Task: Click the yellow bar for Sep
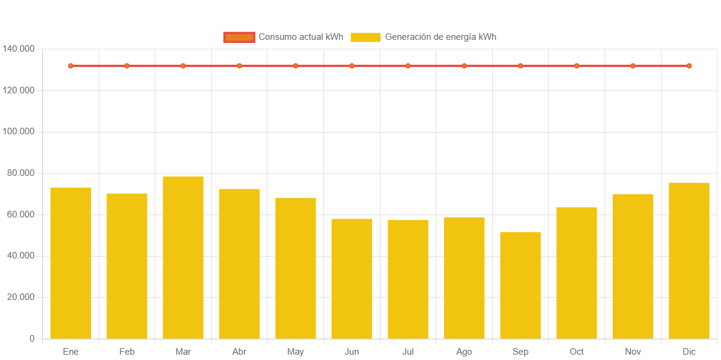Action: [520, 285]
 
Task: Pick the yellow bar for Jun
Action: [351, 279]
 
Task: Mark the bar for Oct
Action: [577, 273]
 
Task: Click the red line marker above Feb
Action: [127, 66]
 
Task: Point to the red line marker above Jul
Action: [408, 66]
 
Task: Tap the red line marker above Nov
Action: [632, 66]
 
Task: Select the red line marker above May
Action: [295, 66]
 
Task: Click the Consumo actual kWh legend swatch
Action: [239, 37]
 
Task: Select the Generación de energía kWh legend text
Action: [440, 37]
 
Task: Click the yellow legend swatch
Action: [366, 37]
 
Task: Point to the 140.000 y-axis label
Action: [18, 48]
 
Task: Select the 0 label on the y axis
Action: [32, 339]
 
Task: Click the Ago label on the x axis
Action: [464, 352]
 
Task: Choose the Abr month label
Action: [239, 352]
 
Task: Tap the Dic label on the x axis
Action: [689, 352]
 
